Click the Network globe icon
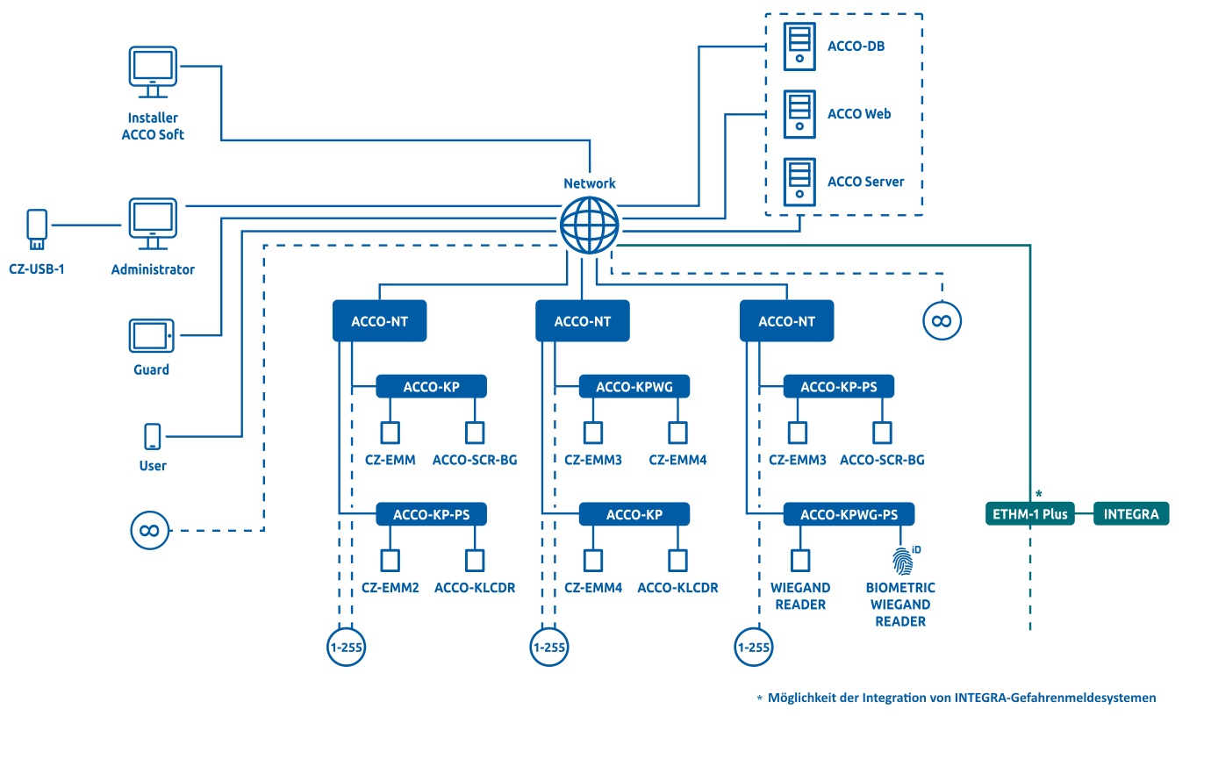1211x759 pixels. coord(589,226)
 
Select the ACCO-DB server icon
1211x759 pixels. coord(799,47)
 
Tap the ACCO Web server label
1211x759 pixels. coord(859,114)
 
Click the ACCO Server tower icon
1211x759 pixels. coord(799,182)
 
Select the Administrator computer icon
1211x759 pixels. coord(153,224)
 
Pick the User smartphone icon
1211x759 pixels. coord(153,437)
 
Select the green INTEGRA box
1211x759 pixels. coord(1131,514)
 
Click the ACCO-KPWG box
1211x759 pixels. coord(634,386)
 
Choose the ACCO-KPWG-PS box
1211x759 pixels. coord(849,514)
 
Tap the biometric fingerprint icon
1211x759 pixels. coord(902,559)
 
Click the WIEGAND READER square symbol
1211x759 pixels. coord(799,560)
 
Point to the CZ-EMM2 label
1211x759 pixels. coord(389,588)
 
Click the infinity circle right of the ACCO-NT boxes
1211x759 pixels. coord(942,321)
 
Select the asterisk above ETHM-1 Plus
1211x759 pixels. coord(1038,493)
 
